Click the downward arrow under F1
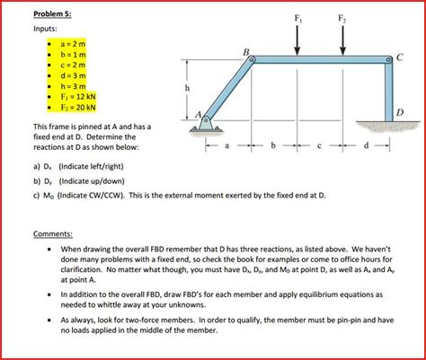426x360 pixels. (x=298, y=40)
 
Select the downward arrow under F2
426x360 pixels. (x=342, y=40)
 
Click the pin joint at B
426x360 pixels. (x=253, y=61)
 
